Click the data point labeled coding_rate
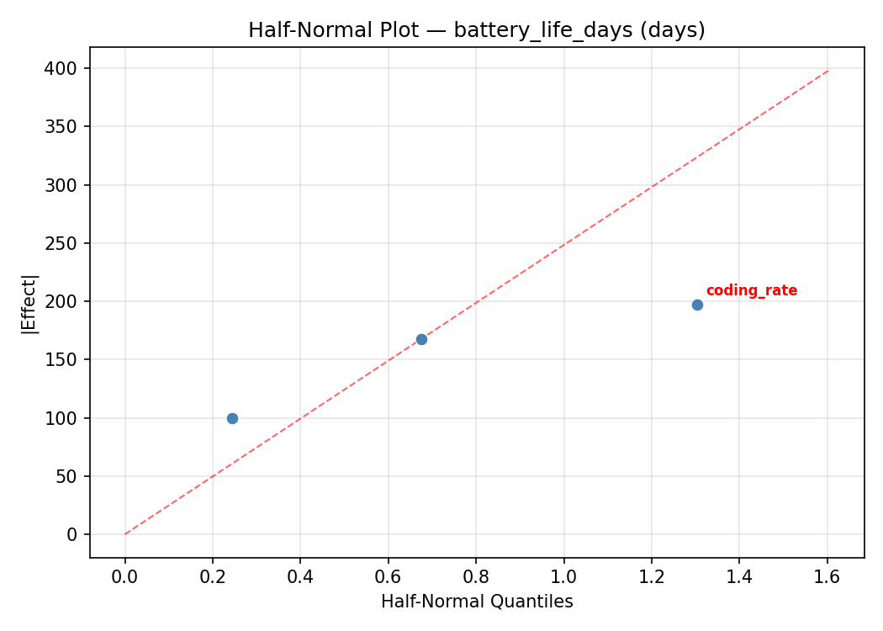point(697,305)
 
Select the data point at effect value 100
point(232,418)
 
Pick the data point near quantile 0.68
point(421,339)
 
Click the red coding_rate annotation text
point(751,291)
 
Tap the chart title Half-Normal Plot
point(476,30)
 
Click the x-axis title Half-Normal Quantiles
point(477,602)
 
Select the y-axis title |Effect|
point(30,303)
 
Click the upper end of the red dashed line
point(827,71)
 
